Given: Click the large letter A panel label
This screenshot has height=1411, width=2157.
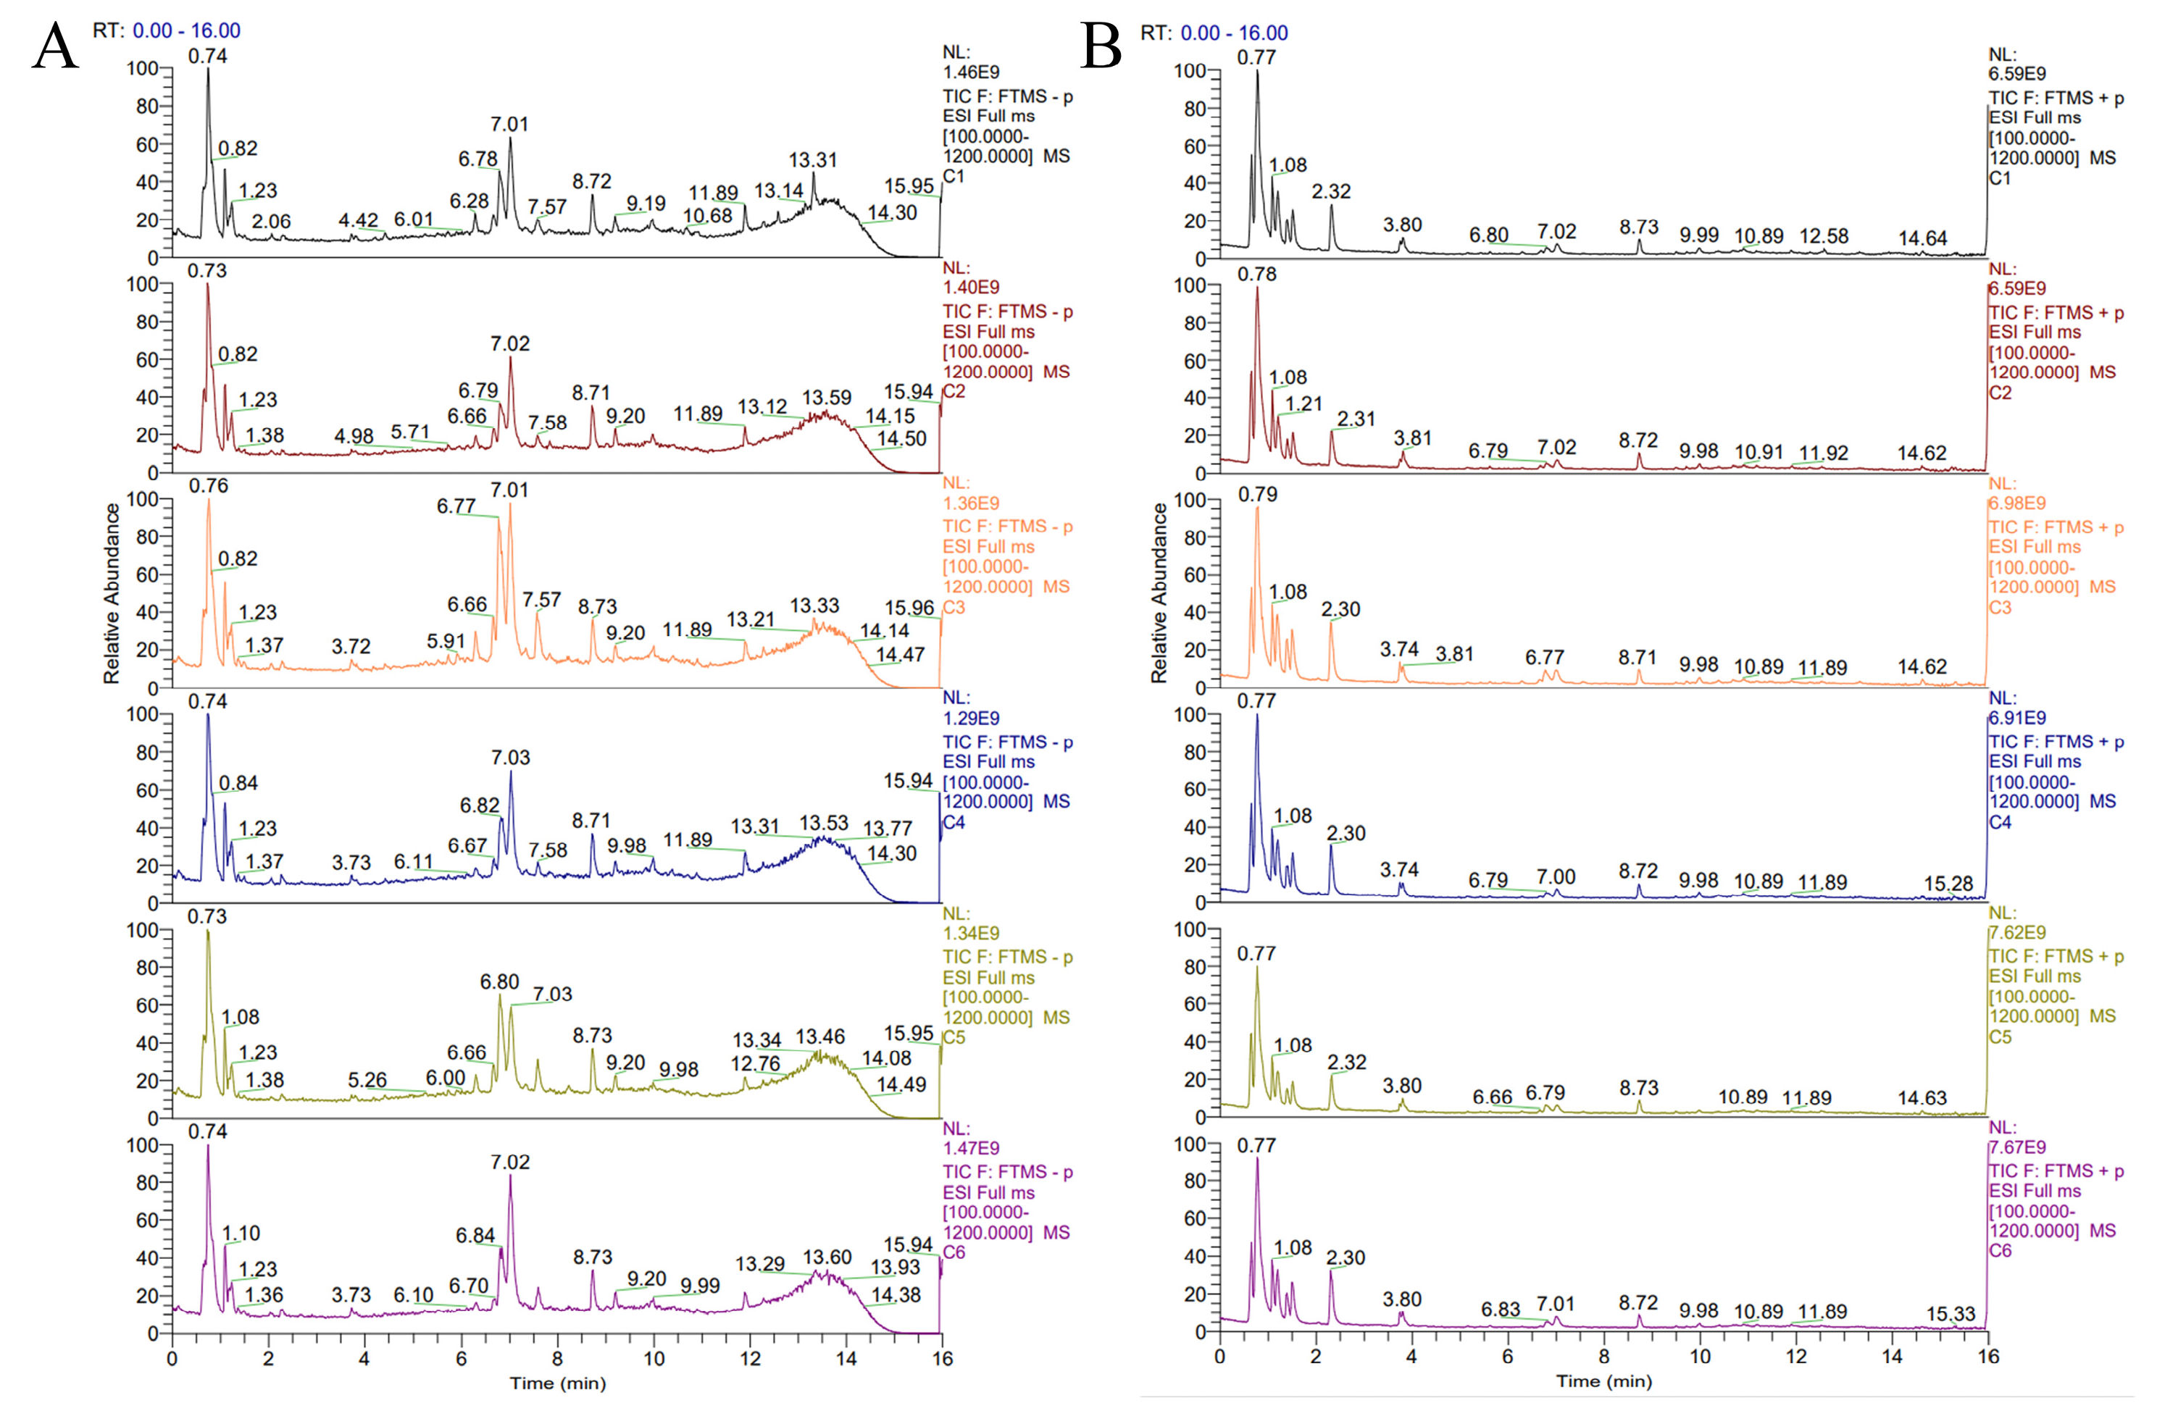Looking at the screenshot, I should point(54,46).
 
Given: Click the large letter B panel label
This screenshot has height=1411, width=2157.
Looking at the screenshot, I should point(1101,46).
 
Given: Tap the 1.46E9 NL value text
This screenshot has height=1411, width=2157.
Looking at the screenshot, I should point(971,72).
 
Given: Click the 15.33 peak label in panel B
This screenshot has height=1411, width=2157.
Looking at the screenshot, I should point(1950,1313).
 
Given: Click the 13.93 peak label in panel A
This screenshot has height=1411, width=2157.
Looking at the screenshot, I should point(895,1267).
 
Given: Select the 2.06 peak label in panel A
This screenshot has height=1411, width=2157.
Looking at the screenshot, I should point(271,221).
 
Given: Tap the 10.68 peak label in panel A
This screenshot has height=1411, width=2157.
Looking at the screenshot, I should point(707,216).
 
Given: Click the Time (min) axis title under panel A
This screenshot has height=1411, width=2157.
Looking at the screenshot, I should point(557,1383).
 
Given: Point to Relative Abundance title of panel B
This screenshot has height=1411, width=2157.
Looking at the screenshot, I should point(1159,593).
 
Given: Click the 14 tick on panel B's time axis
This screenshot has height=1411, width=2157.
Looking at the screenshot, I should point(1892,1357).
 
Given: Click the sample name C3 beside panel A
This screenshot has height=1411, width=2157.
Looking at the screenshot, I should point(954,607).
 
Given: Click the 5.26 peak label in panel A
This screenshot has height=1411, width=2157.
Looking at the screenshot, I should point(367,1080).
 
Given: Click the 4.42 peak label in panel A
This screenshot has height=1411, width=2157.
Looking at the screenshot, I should point(358,220).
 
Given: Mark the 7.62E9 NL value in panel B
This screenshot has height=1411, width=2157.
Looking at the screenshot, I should point(2016,932).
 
